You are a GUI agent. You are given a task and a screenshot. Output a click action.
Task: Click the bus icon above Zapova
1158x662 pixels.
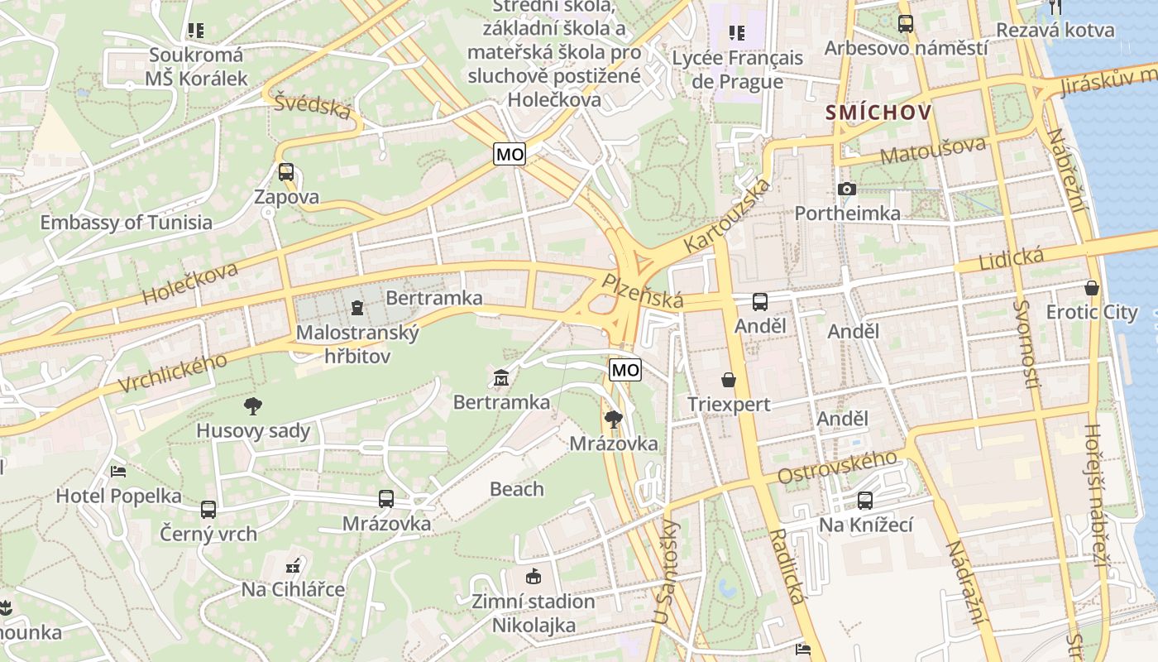pyautogui.click(x=286, y=172)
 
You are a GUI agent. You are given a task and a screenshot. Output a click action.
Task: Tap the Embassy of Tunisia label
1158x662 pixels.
pyautogui.click(x=126, y=223)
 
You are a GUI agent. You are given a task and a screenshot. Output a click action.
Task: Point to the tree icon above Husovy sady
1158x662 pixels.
pyautogui.click(x=253, y=406)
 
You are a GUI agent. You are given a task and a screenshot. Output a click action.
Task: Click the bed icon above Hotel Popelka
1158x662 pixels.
pyautogui.click(x=118, y=472)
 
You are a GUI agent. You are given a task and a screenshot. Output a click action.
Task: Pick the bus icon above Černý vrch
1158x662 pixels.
pyautogui.click(x=208, y=509)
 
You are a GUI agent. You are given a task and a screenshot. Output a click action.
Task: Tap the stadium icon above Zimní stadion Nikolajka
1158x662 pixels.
pyautogui.click(x=533, y=576)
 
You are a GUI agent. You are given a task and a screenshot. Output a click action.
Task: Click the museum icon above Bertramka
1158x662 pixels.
pyautogui.click(x=500, y=379)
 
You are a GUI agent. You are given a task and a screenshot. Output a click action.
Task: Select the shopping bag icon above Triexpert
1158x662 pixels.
pyautogui.click(x=729, y=380)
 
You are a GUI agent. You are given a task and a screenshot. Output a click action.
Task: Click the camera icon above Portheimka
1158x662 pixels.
pyautogui.click(x=846, y=189)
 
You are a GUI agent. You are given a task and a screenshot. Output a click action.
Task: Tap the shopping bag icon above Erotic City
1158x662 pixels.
pyautogui.click(x=1092, y=288)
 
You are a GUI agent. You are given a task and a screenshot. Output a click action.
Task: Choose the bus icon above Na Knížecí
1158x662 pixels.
pyautogui.click(x=865, y=500)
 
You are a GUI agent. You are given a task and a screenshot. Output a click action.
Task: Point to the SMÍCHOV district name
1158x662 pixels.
pyautogui.click(x=878, y=113)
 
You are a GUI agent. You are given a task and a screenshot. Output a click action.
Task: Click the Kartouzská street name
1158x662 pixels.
pyautogui.click(x=728, y=217)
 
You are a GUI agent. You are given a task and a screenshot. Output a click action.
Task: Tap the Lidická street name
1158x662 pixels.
pyautogui.click(x=1011, y=258)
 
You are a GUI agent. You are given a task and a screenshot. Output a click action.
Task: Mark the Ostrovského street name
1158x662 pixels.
pyautogui.click(x=837, y=468)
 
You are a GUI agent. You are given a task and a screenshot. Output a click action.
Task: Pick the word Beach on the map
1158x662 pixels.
pyautogui.click(x=517, y=489)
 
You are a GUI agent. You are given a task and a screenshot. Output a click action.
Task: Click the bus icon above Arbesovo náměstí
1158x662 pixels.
pyautogui.click(x=905, y=24)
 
